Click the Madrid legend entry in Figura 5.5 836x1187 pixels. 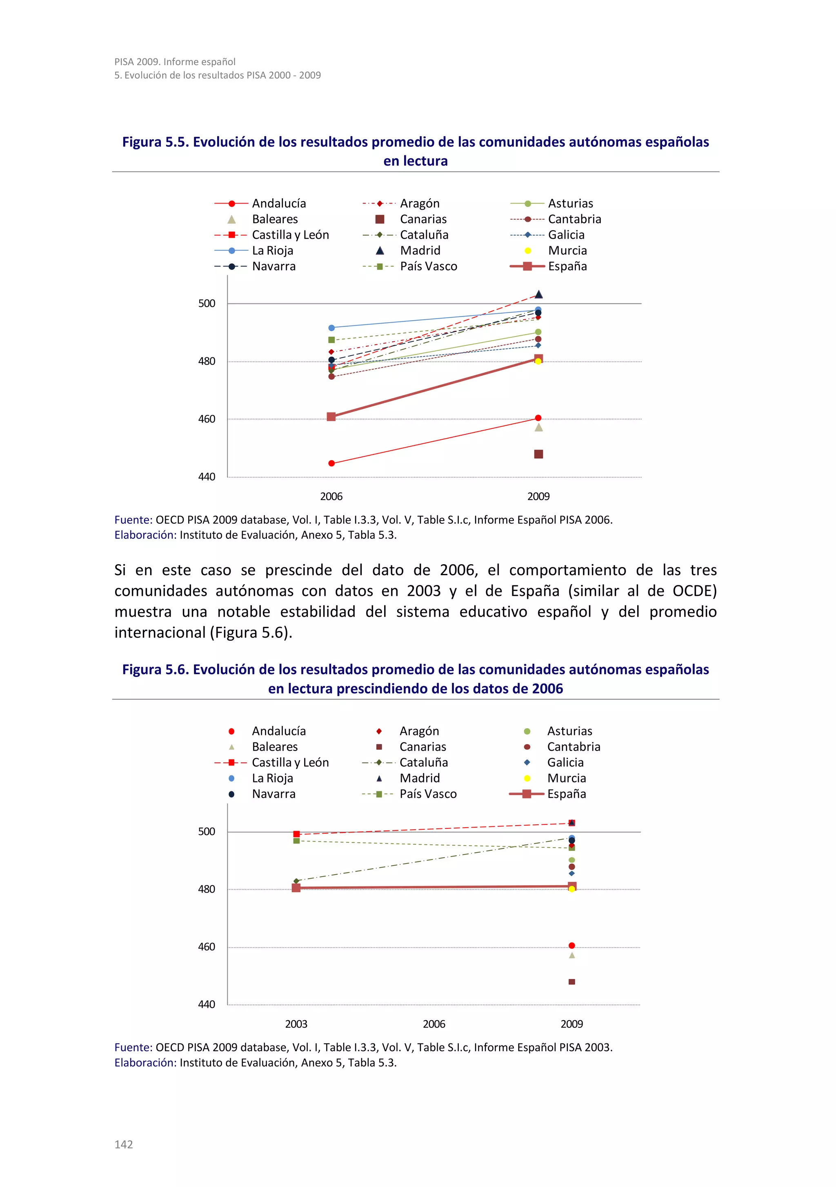409,251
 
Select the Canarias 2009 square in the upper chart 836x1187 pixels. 538,454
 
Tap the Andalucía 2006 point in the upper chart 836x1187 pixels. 331,463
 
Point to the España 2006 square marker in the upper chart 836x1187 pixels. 331,417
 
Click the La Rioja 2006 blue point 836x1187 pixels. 331,328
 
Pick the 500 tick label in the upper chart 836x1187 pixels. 207,303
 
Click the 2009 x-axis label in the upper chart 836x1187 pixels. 538,496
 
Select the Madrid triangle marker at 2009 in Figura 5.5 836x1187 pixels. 538,294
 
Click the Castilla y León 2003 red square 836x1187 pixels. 296,834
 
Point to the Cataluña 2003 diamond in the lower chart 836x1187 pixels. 296,881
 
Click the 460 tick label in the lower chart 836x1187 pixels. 207,947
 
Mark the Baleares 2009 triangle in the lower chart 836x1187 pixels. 571,955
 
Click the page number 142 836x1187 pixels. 124,1144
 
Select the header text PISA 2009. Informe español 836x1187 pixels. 175,62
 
